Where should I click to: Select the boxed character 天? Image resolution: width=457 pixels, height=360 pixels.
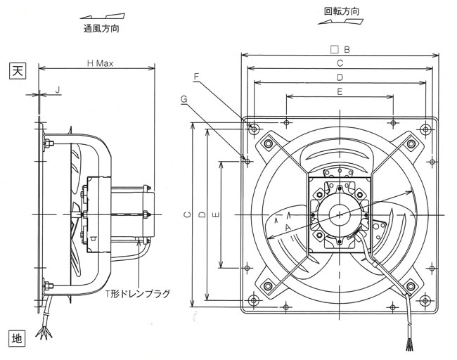tap(17, 70)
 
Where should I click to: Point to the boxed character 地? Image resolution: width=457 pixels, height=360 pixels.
tap(17, 338)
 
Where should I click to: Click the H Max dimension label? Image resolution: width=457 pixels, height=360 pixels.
tap(100, 63)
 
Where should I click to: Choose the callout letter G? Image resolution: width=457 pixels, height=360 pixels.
tap(184, 100)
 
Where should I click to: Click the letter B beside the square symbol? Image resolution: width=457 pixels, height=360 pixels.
tap(346, 49)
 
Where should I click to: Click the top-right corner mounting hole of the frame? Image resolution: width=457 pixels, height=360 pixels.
tap(425, 129)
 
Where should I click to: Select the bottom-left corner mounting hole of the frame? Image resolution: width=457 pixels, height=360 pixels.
tap(254, 301)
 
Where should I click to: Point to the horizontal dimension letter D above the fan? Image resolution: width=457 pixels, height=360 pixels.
tap(339, 77)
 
